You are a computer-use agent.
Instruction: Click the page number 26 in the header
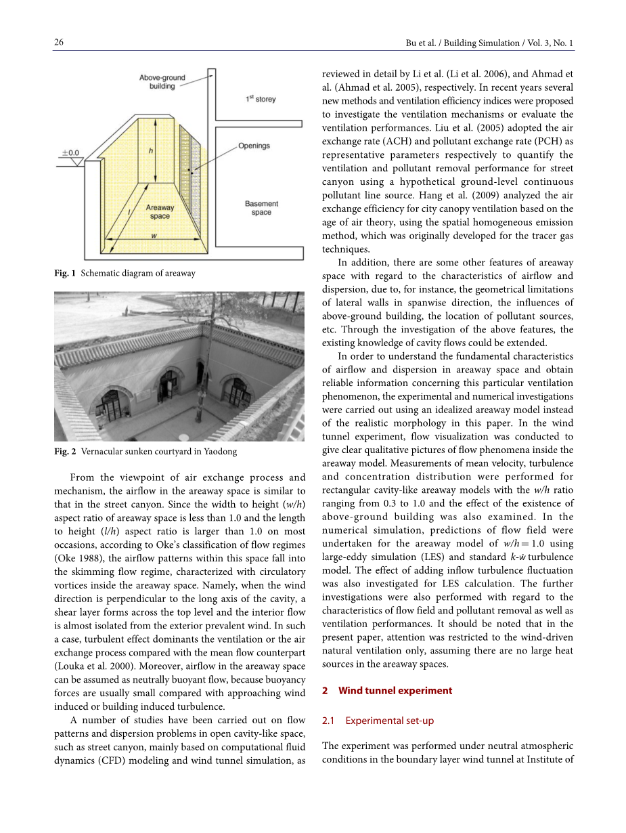point(59,43)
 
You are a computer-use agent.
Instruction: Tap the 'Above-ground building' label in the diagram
point(162,82)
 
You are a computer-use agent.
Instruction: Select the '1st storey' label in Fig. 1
point(261,100)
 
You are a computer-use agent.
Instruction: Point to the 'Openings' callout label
point(254,146)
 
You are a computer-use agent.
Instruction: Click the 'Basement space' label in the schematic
point(261,208)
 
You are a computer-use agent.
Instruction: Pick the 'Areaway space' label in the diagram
point(160,212)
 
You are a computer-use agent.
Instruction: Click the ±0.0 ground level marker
point(70,153)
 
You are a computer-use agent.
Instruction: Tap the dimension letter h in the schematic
point(150,152)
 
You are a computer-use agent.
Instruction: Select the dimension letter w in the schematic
point(154,236)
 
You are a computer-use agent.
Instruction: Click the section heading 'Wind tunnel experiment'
point(395,691)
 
